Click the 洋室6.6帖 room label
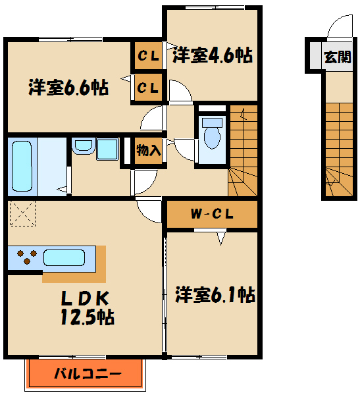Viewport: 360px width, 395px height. coord(68,88)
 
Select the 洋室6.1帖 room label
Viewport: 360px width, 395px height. coord(215,295)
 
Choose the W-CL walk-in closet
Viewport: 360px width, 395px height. coord(210,213)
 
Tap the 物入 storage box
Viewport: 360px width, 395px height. coord(149,150)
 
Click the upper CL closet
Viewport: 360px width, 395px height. coord(148,56)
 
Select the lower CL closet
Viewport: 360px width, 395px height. coord(148,87)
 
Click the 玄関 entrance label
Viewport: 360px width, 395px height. coord(336,57)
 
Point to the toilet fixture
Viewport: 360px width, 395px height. coord(212,136)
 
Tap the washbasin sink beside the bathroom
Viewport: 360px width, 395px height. coord(83,147)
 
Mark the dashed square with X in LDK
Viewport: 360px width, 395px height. coord(22,215)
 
